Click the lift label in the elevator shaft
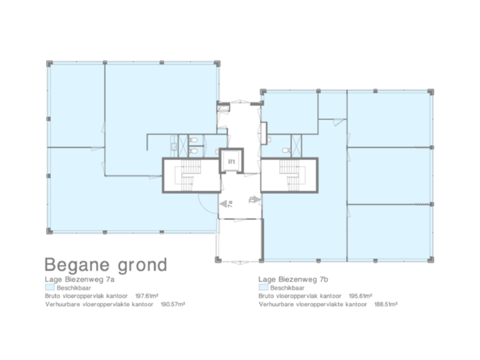pyautogui.click(x=231, y=162)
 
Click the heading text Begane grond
pyautogui.click(x=105, y=264)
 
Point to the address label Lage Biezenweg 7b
pyautogui.click(x=291, y=280)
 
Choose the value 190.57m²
pyautogui.click(x=172, y=304)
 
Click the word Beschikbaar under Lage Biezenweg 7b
pyautogui.click(x=284, y=287)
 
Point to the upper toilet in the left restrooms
pyautogui.click(x=192, y=141)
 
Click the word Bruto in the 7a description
pyautogui.click(x=53, y=295)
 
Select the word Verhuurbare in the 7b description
pyautogui.click(x=275, y=304)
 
